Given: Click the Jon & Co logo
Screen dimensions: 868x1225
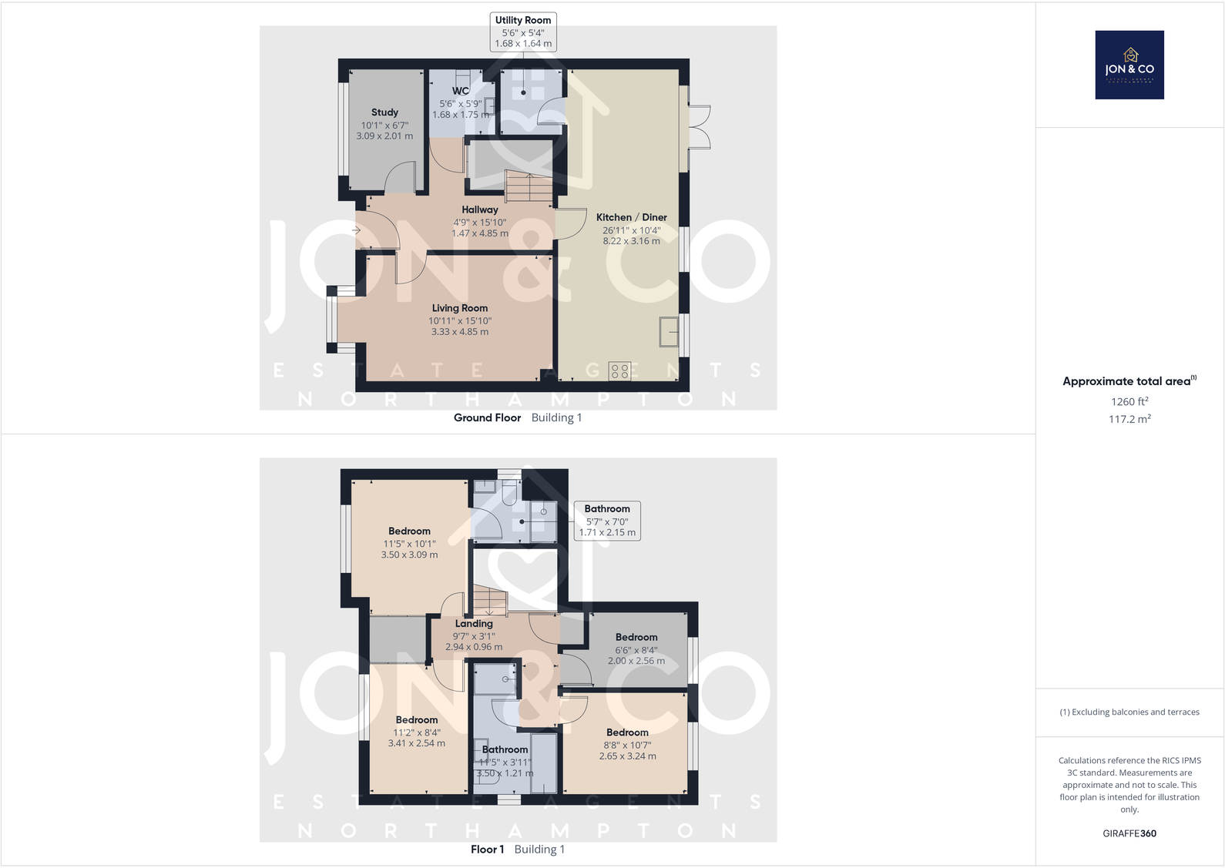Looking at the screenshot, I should click(1129, 65).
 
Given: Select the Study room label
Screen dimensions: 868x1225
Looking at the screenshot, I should click(384, 112).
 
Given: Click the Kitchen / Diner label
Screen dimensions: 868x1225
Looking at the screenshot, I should click(631, 217).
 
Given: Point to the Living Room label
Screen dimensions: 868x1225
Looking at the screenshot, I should click(459, 308).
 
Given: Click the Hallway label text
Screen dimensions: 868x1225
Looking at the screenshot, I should click(479, 209).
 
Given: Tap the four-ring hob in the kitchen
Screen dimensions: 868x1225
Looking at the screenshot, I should click(619, 371).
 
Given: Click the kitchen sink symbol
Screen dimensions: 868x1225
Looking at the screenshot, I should click(668, 331).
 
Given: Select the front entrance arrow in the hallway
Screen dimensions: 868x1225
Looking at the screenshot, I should click(357, 230).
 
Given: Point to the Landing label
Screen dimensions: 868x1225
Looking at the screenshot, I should click(473, 624).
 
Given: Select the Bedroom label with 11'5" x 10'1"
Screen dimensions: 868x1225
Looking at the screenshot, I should click(409, 531).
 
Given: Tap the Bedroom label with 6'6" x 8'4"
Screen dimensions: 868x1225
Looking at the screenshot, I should click(636, 638).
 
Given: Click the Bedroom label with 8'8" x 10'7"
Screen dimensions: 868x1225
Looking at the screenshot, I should click(627, 733).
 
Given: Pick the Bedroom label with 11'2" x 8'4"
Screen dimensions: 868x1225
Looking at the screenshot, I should click(416, 720).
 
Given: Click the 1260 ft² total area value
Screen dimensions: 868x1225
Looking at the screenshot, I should click(1129, 401).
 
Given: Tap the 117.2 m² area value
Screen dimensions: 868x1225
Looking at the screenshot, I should click(1129, 419).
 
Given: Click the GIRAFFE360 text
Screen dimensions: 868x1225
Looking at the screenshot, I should click(1129, 833).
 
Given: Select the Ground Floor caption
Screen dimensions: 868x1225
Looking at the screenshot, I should click(487, 417).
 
